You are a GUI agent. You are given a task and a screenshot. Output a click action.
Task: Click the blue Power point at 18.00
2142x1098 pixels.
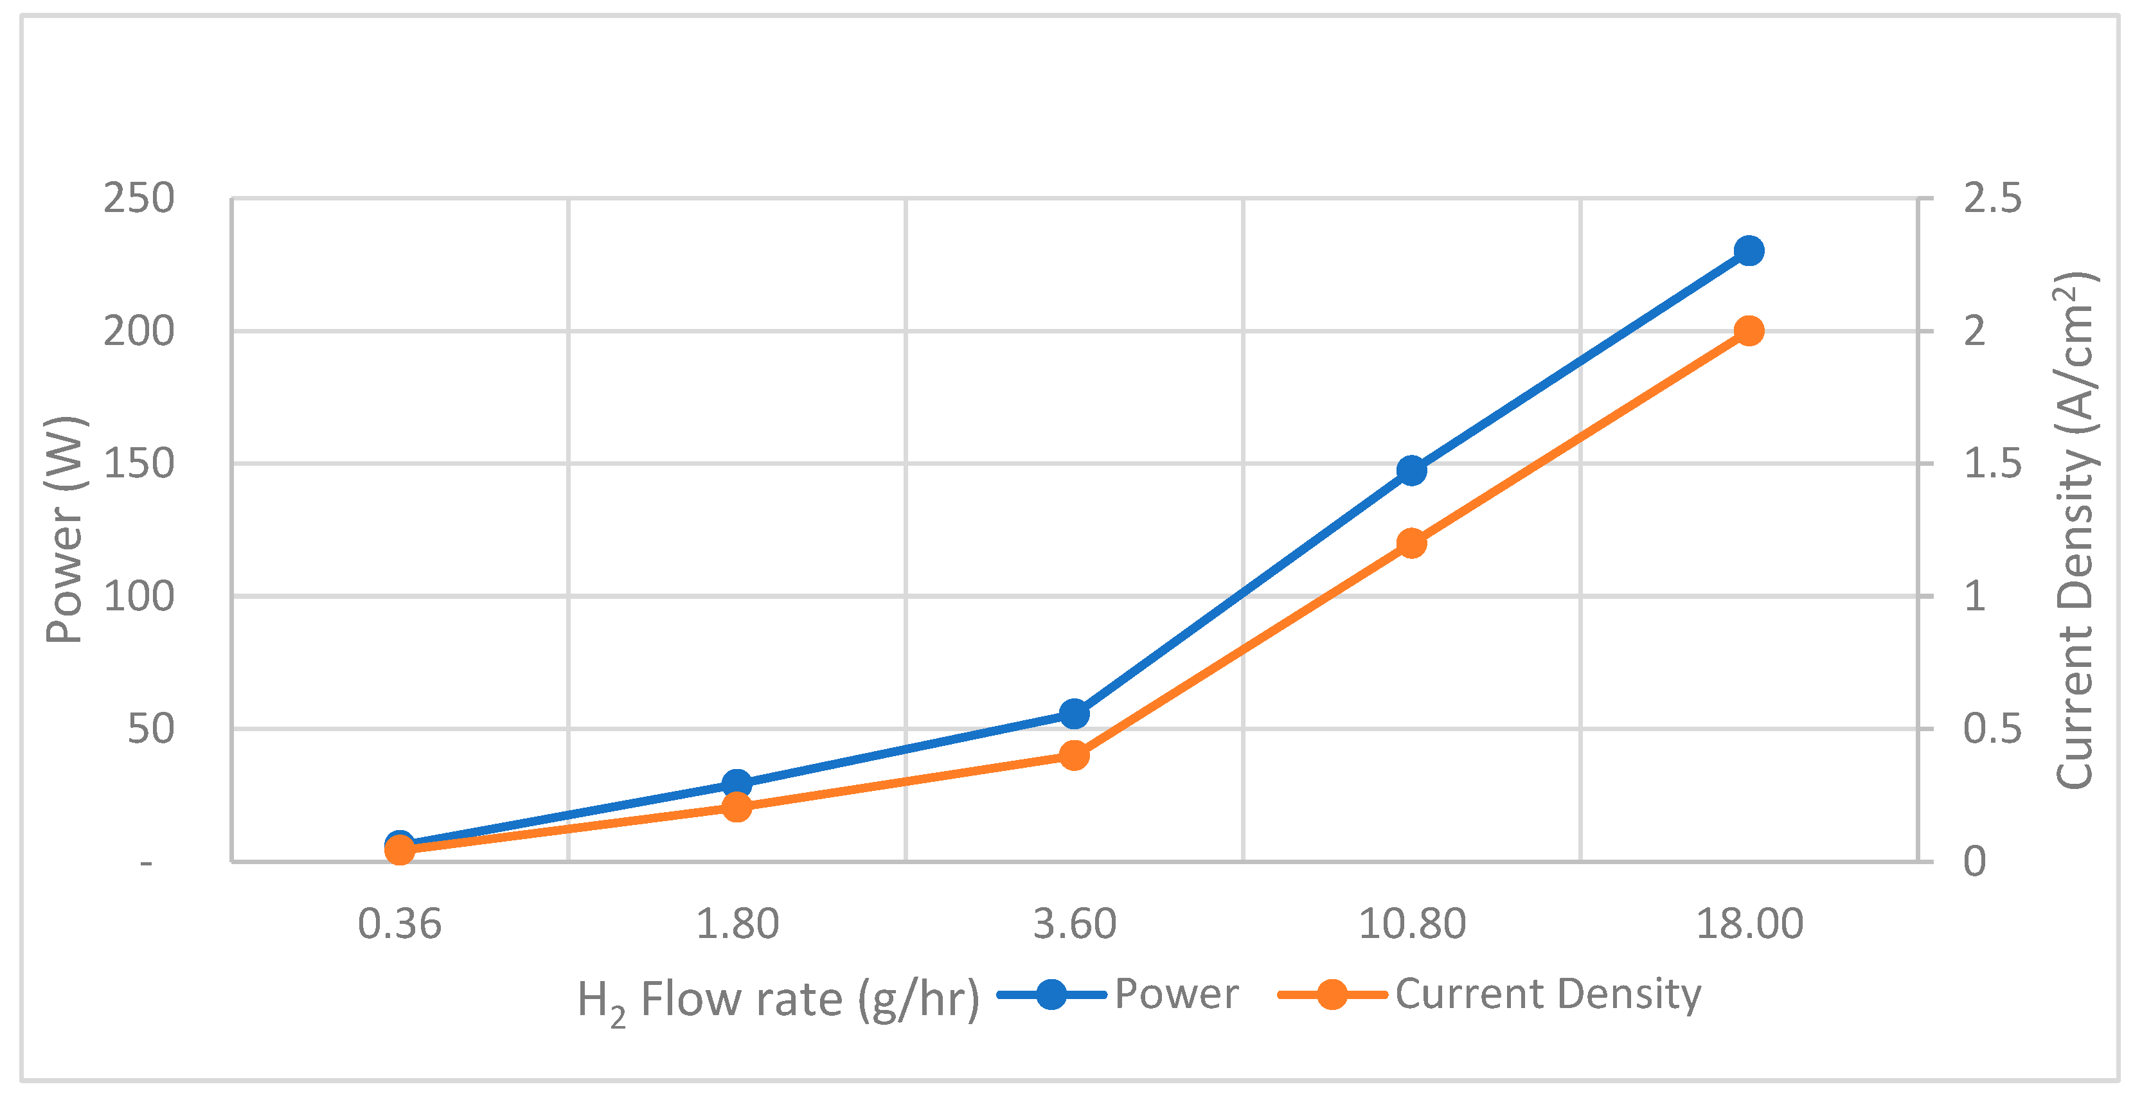[1749, 250]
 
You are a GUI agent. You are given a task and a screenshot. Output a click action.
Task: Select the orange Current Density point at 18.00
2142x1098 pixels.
[1749, 331]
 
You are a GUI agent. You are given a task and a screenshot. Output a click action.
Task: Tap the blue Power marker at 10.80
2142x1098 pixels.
[1411, 470]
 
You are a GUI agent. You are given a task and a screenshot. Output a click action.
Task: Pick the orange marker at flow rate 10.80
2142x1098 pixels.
[1411, 544]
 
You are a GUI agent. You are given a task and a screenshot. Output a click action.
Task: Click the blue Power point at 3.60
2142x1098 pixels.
[1075, 713]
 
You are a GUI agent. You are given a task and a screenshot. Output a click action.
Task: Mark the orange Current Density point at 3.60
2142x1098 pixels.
[1075, 756]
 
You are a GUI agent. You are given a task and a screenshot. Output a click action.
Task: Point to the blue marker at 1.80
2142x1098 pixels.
[736, 783]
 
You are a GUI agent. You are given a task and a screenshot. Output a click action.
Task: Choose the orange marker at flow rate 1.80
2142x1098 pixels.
[736, 806]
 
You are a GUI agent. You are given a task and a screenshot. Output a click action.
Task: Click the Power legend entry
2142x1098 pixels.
[1176, 994]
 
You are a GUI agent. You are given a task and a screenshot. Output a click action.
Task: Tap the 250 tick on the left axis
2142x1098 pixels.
[139, 199]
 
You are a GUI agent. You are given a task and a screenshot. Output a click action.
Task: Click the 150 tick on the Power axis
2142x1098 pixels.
[139, 464]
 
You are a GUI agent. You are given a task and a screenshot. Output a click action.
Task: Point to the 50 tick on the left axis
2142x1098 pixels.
[150, 729]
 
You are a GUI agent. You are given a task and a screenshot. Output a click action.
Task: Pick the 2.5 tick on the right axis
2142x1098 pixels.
[1992, 199]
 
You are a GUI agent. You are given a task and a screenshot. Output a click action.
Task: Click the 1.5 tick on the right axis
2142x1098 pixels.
[1992, 464]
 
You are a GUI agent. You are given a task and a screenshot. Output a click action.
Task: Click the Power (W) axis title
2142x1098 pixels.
[65, 529]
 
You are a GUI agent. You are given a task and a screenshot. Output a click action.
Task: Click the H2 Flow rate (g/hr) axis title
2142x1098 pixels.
[778, 1000]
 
